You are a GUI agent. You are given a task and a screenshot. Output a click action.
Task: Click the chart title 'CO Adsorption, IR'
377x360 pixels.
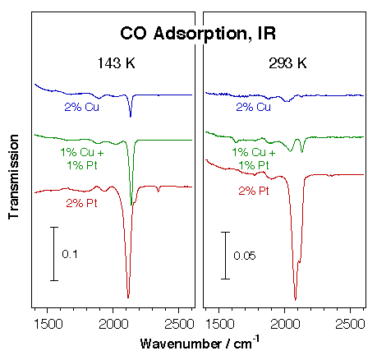click(x=198, y=34)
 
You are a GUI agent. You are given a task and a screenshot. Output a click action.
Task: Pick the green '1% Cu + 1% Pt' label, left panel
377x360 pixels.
click(x=81, y=159)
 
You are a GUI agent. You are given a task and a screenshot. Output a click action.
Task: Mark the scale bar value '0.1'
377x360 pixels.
click(x=69, y=255)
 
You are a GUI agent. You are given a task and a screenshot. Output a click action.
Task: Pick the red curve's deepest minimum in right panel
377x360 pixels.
click(x=296, y=300)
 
